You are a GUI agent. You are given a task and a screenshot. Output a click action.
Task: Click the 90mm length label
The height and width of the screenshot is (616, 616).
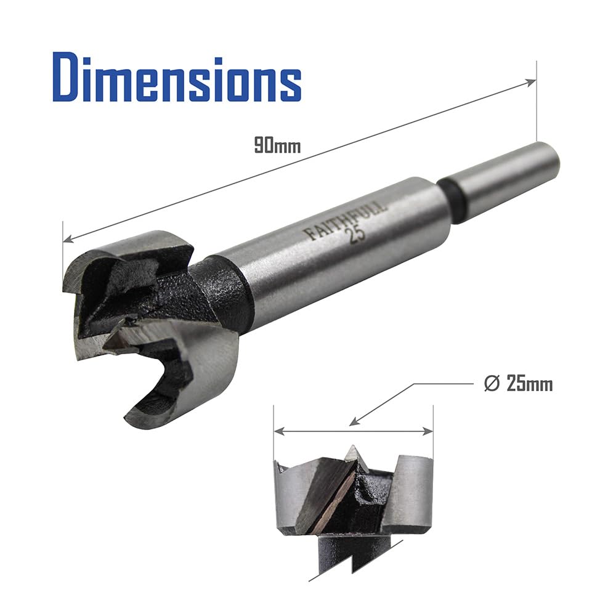277,145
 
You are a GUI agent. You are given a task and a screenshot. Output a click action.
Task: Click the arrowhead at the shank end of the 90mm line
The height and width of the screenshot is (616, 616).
531,83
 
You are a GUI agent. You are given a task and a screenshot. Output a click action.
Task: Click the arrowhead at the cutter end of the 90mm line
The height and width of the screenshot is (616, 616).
69,238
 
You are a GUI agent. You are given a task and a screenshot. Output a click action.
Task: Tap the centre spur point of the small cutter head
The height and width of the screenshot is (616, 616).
352,451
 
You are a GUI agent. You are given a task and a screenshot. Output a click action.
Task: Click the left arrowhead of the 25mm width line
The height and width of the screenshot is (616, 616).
279,431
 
